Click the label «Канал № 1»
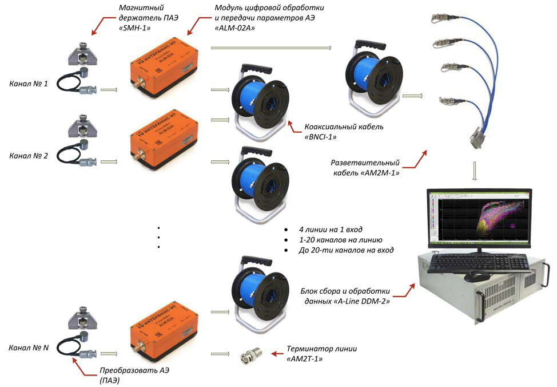(29, 84)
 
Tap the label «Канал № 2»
(29, 155)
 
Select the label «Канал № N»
(29, 347)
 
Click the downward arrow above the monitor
(474, 172)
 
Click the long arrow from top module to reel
(271, 48)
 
